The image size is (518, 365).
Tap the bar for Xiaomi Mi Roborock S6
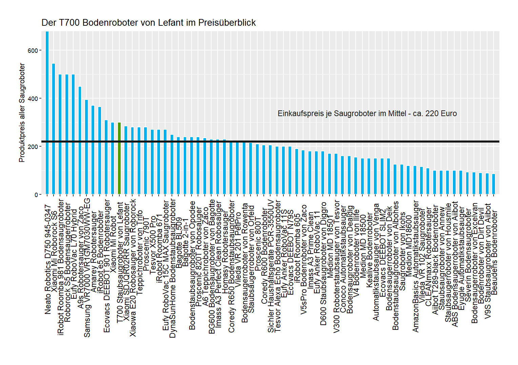(x=54, y=129)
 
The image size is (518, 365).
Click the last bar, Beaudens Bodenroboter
(x=494, y=184)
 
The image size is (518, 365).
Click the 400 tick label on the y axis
(x=33, y=99)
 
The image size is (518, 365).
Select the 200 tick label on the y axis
(x=33, y=147)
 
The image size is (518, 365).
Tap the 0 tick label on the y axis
(x=36, y=195)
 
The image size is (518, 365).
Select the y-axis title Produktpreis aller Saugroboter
(x=22, y=112)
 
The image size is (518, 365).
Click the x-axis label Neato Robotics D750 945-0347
(x=48, y=259)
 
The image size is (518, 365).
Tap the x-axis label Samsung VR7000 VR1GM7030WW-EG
(x=87, y=266)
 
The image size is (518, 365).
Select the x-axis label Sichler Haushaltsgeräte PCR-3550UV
(x=271, y=266)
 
